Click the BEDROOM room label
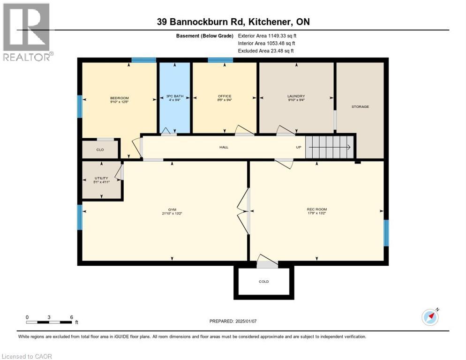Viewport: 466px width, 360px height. [x=119, y=98]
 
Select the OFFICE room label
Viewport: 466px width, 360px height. [x=225, y=97]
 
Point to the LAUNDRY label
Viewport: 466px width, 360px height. [x=296, y=97]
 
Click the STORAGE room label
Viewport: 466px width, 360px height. [x=360, y=106]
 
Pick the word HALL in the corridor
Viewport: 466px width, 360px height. [x=224, y=147]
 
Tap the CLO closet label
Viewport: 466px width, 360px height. [x=100, y=150]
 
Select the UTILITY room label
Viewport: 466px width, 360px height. [x=101, y=178]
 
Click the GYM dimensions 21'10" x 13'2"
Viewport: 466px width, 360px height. [x=172, y=214]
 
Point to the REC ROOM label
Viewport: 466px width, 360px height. [x=317, y=209]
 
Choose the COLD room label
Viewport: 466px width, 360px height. [x=263, y=282]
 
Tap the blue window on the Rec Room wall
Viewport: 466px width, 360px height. [x=386, y=233]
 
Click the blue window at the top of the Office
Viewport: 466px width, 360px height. [x=220, y=60]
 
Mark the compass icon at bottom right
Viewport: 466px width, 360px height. [x=430, y=317]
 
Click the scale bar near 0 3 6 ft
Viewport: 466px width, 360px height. [x=49, y=322]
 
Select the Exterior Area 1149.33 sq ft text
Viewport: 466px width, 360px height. [x=267, y=35]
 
